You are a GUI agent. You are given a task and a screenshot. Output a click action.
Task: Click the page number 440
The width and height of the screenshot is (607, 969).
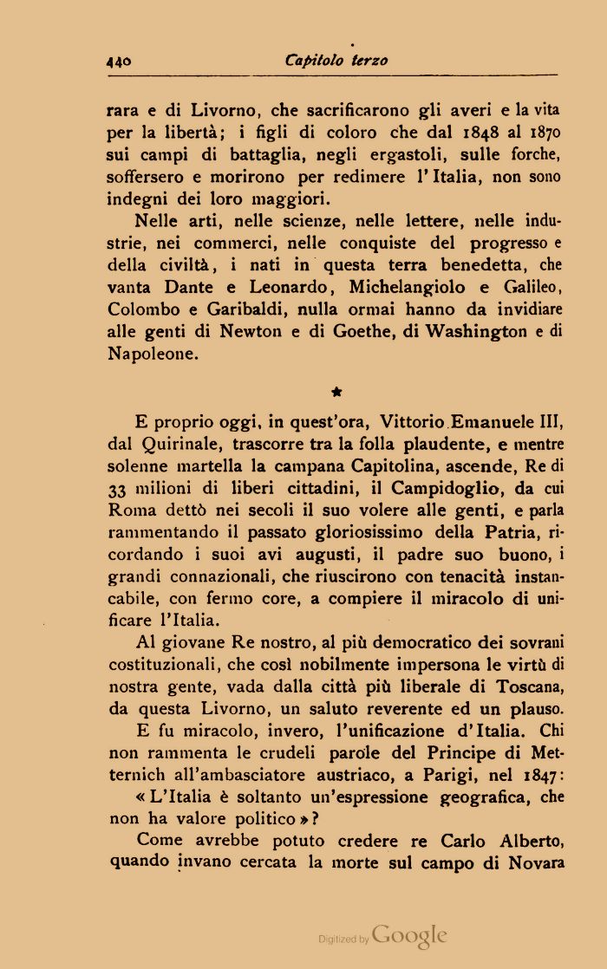118,61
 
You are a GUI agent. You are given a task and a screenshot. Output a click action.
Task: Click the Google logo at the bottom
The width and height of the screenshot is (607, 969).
410,935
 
